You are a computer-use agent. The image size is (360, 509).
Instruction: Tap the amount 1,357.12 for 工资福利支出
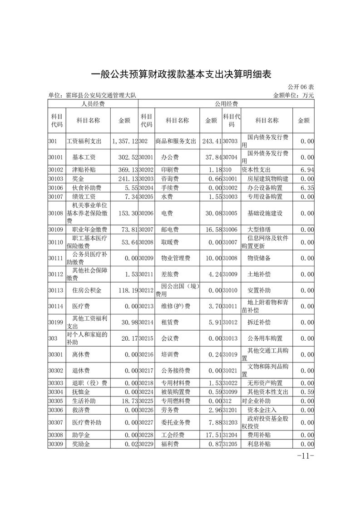tap(124, 142)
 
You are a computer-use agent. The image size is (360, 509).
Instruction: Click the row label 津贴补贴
tap(84, 169)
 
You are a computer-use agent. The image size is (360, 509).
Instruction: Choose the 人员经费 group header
tap(93, 104)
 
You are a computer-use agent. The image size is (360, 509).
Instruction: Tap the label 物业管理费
tap(176, 258)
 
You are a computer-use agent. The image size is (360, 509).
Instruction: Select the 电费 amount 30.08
tap(212, 212)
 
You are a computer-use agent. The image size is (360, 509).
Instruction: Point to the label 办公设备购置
tap(265, 187)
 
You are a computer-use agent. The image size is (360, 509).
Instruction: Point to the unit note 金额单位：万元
tap(293, 95)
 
